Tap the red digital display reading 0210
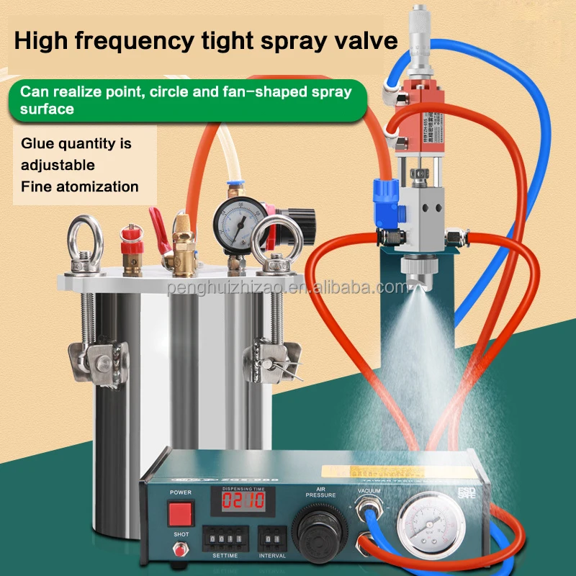tap(240, 501)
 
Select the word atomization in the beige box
tap(99, 186)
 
